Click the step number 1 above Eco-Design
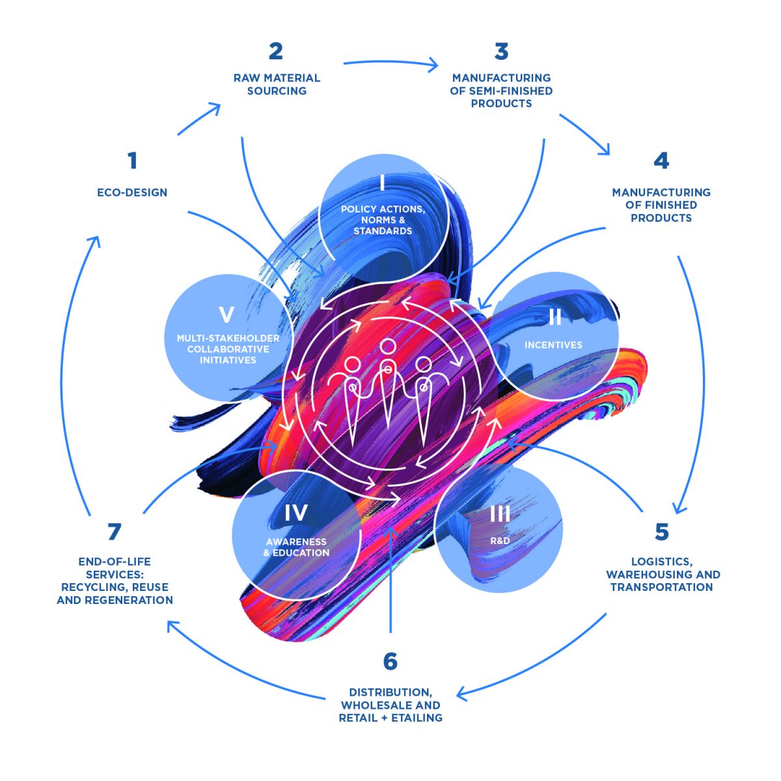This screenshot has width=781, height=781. tap(133, 161)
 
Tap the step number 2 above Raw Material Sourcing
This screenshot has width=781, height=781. tap(276, 51)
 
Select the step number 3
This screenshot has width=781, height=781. tap(501, 51)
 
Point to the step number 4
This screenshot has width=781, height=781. tap(661, 161)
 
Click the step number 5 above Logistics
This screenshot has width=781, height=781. tap(662, 532)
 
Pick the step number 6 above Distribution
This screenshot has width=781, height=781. tap(390, 662)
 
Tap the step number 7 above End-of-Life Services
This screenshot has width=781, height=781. tap(115, 532)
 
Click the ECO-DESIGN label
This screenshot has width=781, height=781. tap(132, 193)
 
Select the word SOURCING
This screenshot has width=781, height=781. tap(277, 91)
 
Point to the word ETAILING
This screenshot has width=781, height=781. tap(417, 718)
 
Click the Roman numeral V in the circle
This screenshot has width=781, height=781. tap(226, 315)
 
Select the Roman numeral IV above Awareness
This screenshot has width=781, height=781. tap(295, 514)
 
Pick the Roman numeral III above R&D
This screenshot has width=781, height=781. tap(500, 514)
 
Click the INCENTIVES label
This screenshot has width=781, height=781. tap(553, 345)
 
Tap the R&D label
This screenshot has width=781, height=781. tap(500, 541)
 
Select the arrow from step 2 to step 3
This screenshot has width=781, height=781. tap(390, 63)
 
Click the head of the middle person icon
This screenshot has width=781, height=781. tap(388, 347)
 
